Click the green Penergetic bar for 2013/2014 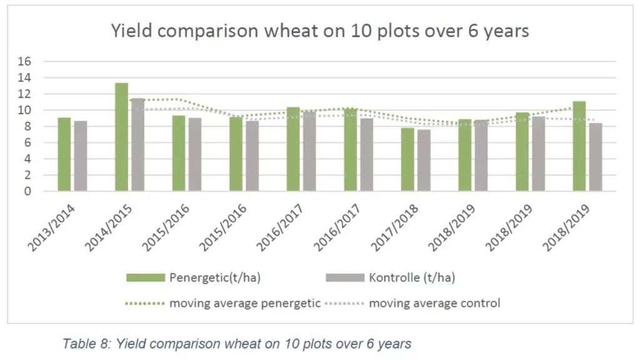pos(64,154)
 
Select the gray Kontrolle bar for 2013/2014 pos(81,156)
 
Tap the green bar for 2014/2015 pos(121,137)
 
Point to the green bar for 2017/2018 pos(407,159)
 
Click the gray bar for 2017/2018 pos(423,161)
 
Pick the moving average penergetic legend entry pos(244,304)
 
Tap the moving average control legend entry pos(434,304)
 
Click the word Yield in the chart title pos(129,31)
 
